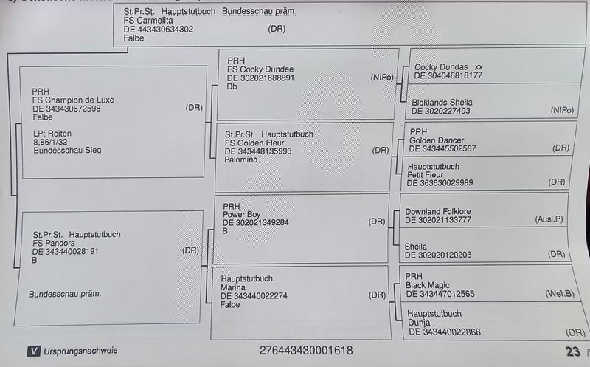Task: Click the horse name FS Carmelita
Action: [148, 21]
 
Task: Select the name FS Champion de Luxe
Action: [73, 100]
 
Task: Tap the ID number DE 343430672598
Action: [66, 109]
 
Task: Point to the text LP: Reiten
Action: [52, 133]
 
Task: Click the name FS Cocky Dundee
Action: [260, 69]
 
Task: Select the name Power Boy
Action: [243, 214]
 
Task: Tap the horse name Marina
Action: [233, 287]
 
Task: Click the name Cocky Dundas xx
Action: [448, 66]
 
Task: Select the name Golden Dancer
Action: [438, 140]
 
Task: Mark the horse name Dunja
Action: [420, 323]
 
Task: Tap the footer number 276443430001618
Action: [305, 351]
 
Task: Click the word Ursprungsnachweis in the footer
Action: [80, 351]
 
